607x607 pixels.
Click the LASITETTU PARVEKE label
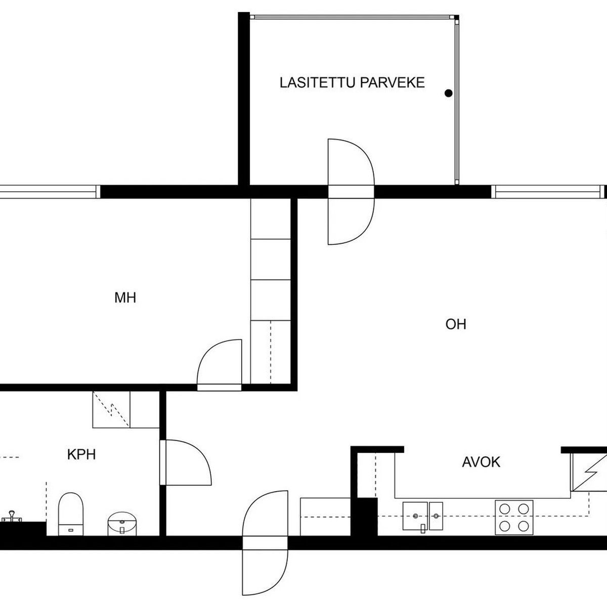(352, 82)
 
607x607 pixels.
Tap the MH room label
(125, 297)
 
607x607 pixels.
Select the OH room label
(456, 324)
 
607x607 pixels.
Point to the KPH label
(81, 455)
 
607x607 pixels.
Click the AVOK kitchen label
(481, 462)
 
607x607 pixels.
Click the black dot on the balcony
(449, 93)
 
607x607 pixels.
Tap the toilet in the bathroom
(71, 514)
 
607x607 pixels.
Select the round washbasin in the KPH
(122, 523)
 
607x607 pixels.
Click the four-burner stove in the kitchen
(514, 517)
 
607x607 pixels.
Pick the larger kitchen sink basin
(415, 515)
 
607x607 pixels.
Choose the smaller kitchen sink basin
(436, 515)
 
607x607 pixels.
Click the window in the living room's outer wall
(548, 192)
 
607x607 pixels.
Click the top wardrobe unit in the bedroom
(271, 219)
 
